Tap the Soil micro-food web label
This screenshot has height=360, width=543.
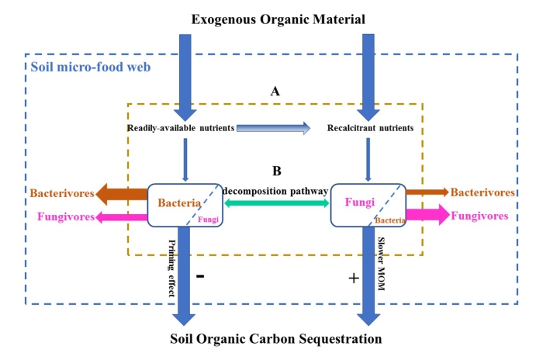click(90, 66)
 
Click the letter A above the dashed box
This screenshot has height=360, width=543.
click(275, 91)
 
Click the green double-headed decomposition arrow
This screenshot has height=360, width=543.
click(275, 203)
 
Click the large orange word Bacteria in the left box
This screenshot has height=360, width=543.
click(180, 203)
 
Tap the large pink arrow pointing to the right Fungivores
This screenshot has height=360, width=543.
click(427, 215)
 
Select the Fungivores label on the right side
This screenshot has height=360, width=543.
click(479, 216)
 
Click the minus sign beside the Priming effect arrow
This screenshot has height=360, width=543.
click(199, 275)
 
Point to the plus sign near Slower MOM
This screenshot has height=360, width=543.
click(354, 278)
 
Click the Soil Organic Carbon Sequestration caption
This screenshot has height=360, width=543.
click(276, 339)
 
